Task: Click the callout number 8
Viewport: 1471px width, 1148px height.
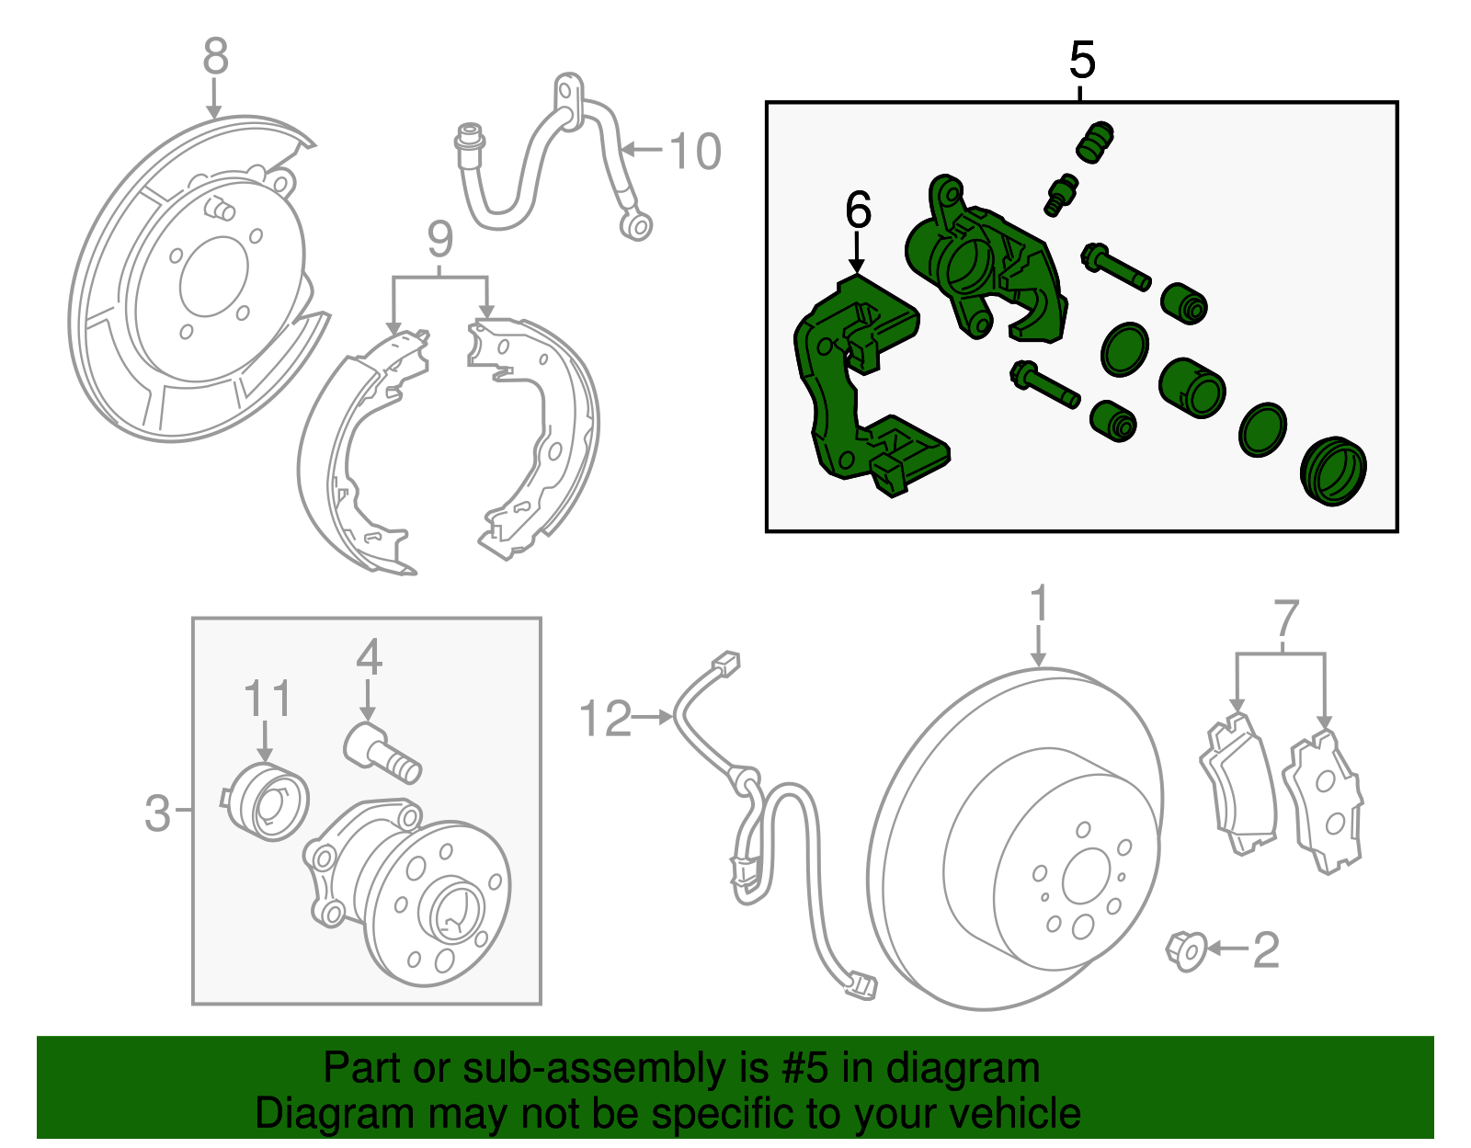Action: pyautogui.click(x=215, y=57)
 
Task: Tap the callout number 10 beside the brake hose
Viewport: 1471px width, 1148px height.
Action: pyautogui.click(x=695, y=152)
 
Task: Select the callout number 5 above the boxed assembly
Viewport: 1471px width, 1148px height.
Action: pyautogui.click(x=1082, y=61)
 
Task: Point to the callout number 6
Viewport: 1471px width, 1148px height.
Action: pyautogui.click(x=858, y=211)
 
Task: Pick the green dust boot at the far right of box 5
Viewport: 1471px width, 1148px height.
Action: pyautogui.click(x=1333, y=472)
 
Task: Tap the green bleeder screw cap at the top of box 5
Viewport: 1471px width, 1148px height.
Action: pyautogui.click(x=1094, y=142)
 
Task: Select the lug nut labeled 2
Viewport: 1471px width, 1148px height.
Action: pyautogui.click(x=1187, y=951)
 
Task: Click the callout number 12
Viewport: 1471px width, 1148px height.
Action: pyautogui.click(x=606, y=719)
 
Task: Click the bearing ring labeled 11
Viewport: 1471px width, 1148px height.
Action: pyautogui.click(x=267, y=802)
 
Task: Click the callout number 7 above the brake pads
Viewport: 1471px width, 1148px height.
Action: pyautogui.click(x=1286, y=620)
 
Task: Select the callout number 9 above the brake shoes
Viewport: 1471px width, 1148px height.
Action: pyautogui.click(x=440, y=241)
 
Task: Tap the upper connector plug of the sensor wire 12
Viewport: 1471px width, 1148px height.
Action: pyautogui.click(x=726, y=663)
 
